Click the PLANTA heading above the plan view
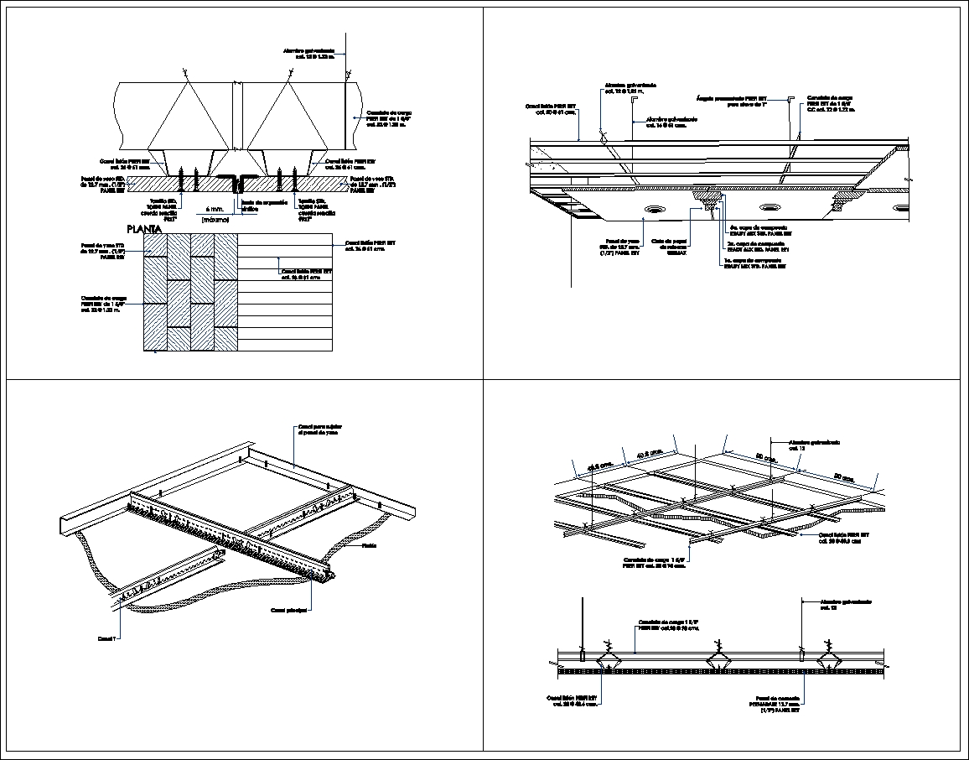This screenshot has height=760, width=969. pos(144,229)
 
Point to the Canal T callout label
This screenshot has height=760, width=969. pos(106,638)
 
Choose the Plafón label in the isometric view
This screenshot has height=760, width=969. pos(368,545)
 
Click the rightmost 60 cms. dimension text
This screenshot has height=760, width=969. pos(844,477)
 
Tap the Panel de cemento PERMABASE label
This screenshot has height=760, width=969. pos(777,702)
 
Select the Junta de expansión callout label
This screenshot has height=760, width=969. pos(264,206)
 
